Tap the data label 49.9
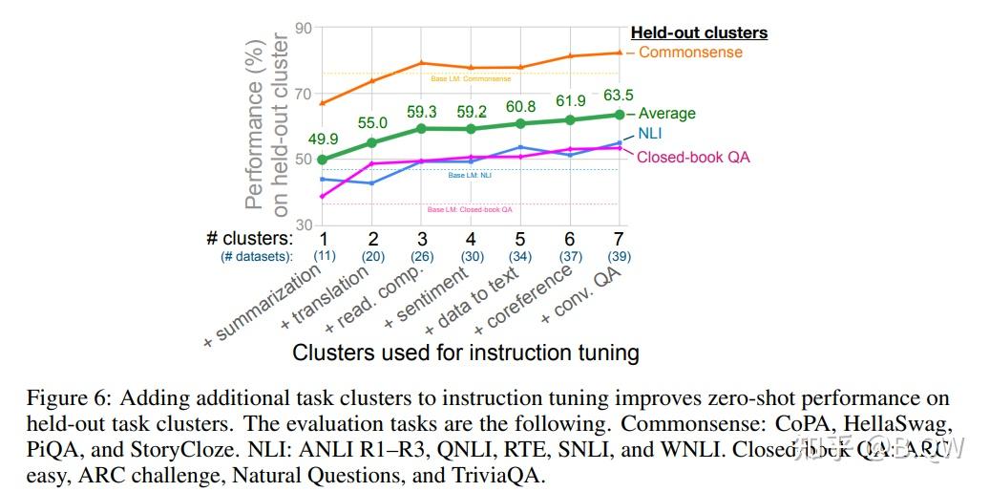324,139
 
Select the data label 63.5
619,95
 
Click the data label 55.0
372,123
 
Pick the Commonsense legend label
690,52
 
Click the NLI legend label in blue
649,134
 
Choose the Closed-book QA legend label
693,157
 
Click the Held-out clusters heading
699,32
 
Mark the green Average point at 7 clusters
619,115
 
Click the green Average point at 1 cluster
324,160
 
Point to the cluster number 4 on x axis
471,238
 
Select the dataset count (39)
619,256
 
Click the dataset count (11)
324,256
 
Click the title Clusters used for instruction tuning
465,353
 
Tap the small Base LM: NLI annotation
470,176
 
